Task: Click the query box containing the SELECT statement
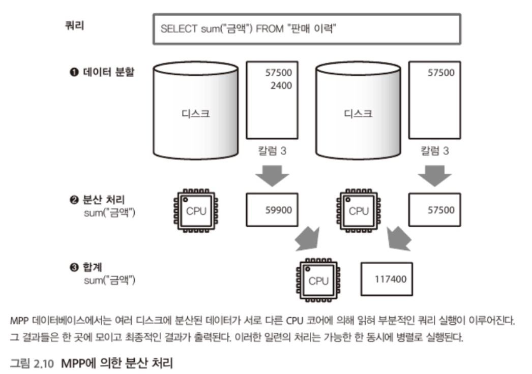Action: point(307,29)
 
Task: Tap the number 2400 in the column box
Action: point(281,86)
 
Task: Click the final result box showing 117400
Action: point(387,279)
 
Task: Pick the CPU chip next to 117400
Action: point(316,280)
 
